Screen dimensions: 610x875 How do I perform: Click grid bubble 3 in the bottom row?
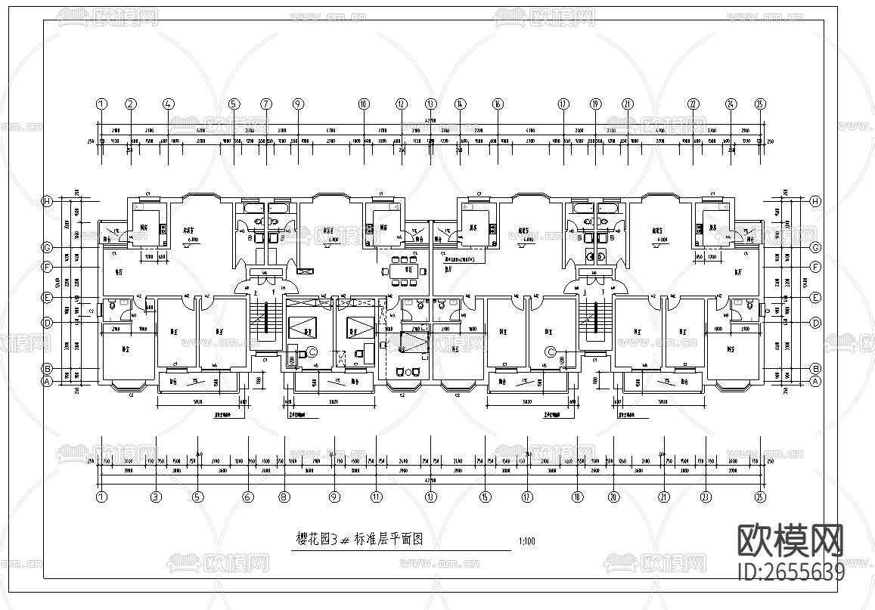point(156,497)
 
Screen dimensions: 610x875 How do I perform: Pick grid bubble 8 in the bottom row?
point(284,497)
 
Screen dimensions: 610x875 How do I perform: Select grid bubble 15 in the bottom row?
point(485,497)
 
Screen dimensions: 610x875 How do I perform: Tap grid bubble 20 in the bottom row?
point(613,497)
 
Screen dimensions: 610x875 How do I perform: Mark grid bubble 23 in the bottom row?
point(706,497)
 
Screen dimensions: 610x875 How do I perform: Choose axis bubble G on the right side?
point(815,247)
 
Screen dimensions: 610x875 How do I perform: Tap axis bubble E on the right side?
point(815,298)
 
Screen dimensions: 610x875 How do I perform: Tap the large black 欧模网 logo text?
point(790,540)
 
